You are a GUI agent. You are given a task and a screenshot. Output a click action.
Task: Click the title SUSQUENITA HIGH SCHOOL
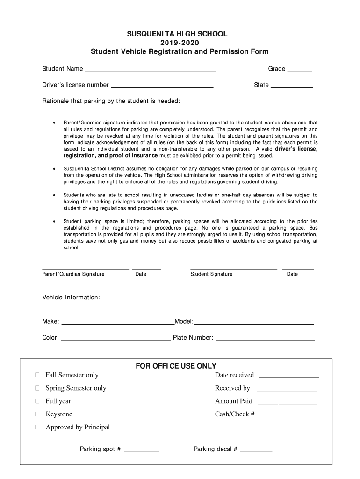(180, 34)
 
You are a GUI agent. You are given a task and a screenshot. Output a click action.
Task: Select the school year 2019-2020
(180, 43)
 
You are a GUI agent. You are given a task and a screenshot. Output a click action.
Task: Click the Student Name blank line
(150, 70)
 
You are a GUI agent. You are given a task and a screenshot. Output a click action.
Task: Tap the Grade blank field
(299, 70)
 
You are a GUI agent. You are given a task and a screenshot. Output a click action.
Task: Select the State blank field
(292, 86)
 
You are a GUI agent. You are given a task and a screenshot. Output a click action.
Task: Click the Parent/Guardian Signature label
(73, 274)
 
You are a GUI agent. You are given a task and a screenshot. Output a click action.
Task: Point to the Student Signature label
(211, 274)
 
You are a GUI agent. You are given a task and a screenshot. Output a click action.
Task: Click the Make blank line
(118, 322)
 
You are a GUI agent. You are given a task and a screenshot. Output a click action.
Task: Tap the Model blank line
(254, 322)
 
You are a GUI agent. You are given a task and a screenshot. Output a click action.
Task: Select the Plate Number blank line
(265, 338)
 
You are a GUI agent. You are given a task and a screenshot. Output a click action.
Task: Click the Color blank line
(116, 338)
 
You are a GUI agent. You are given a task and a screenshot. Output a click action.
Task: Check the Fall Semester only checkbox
(37, 375)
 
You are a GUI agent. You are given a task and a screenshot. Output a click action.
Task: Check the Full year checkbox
(37, 401)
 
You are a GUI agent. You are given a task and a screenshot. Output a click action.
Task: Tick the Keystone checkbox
(37, 414)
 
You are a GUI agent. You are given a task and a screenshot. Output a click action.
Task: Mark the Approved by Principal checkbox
(37, 428)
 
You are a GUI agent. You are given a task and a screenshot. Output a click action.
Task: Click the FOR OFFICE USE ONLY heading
(176, 366)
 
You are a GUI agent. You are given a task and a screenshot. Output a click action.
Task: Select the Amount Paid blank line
(287, 402)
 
